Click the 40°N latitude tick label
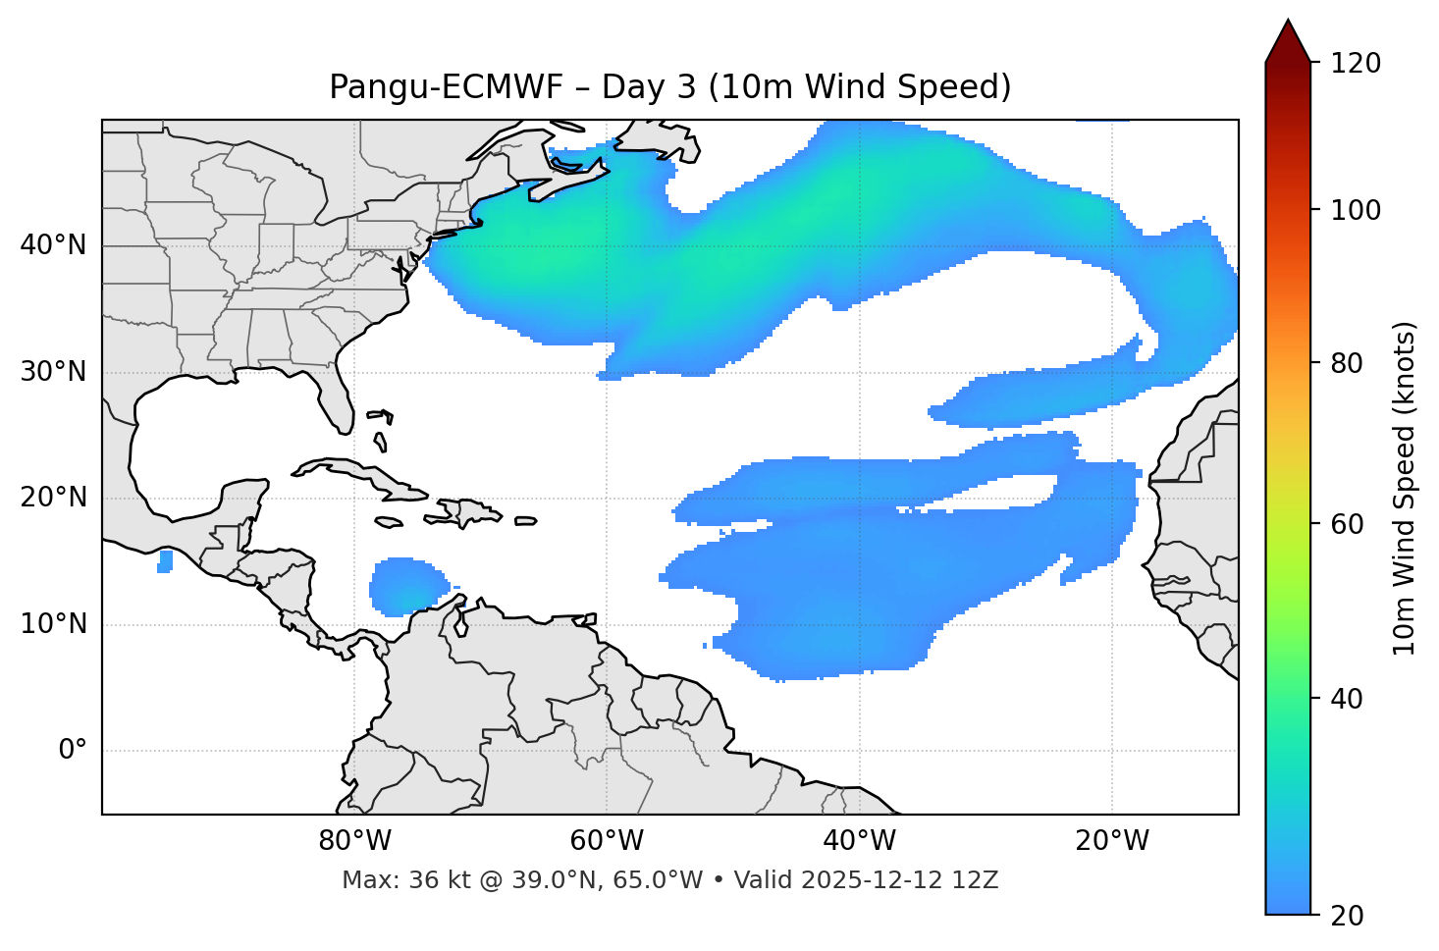[x=53, y=245]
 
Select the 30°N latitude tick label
[x=53, y=372]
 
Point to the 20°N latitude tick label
[x=53, y=498]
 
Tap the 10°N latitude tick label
[x=53, y=624]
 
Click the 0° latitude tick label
[x=73, y=751]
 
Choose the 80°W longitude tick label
[x=354, y=841]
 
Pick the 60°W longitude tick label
[x=607, y=841]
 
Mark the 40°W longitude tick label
[x=859, y=841]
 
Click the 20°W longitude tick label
[x=1112, y=841]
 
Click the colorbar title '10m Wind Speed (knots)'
[x=1405, y=489]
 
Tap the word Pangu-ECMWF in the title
[x=446, y=87]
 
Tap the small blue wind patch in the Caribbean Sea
[x=404, y=587]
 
